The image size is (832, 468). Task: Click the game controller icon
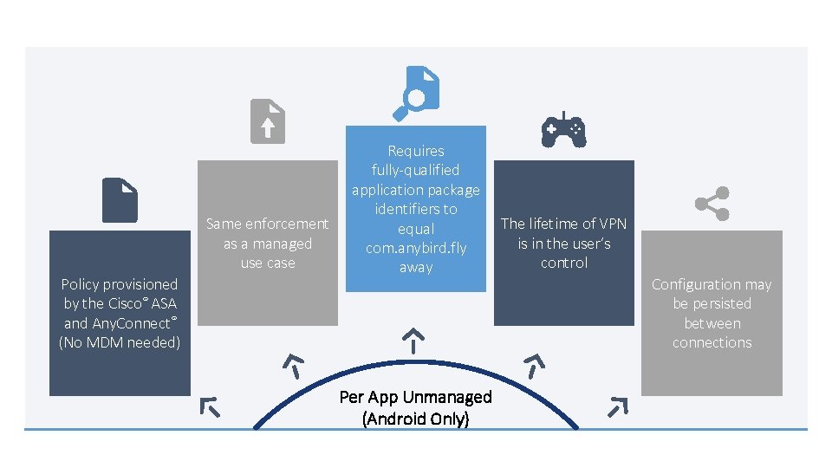(x=563, y=131)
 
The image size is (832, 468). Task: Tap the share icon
(x=712, y=204)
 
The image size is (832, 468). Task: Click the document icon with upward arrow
(x=267, y=120)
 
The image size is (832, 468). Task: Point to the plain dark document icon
(x=120, y=200)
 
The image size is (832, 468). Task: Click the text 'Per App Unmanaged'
(x=415, y=397)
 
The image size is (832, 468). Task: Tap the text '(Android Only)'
(x=415, y=419)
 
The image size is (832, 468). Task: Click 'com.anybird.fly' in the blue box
(x=415, y=248)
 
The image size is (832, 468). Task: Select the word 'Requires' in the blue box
(x=415, y=151)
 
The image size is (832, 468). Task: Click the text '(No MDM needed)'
(x=120, y=342)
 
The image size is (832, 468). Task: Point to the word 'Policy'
(x=81, y=284)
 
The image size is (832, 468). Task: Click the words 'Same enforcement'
(x=267, y=224)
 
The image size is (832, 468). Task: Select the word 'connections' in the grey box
(x=712, y=342)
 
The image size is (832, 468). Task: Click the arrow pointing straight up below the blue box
(x=415, y=339)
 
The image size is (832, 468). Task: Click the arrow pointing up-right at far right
(x=617, y=406)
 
